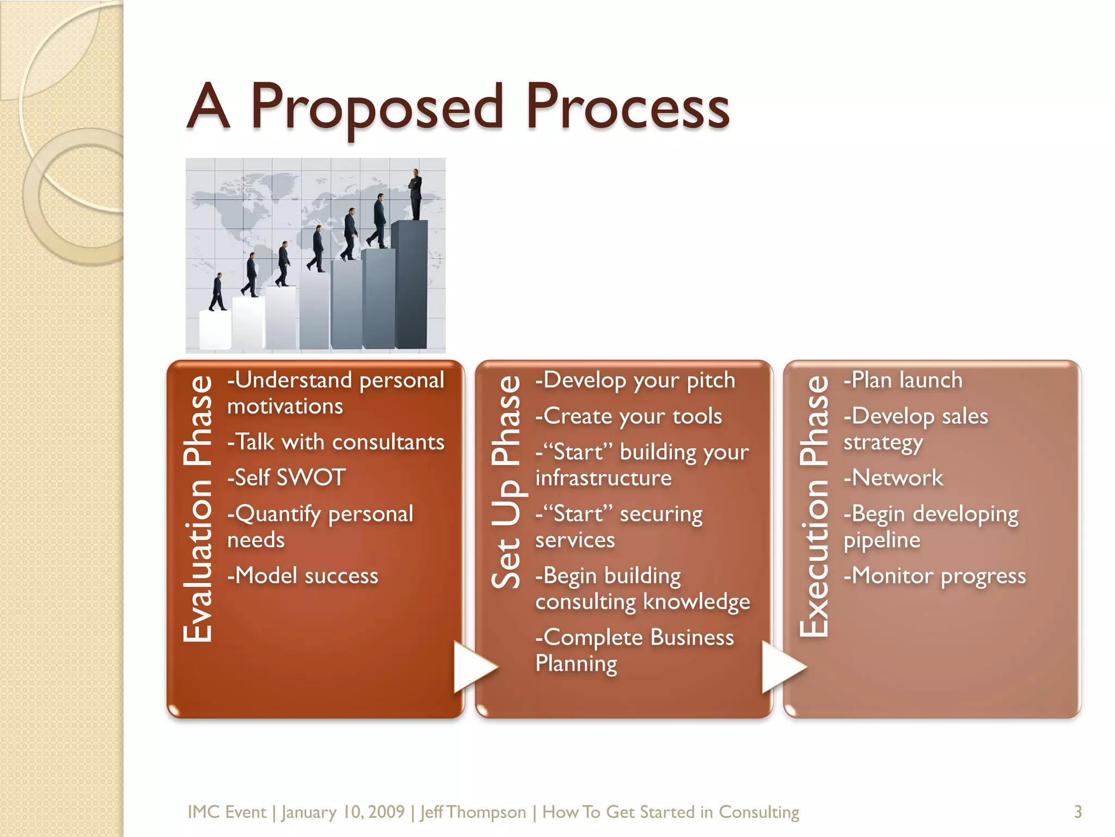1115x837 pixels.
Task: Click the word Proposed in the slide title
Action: [x=377, y=107]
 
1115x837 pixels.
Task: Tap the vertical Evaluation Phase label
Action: [x=198, y=509]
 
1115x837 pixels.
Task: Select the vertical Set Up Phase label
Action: [x=506, y=482]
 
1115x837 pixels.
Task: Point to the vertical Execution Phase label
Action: [x=814, y=506]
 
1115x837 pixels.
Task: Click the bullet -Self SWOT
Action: [x=286, y=478]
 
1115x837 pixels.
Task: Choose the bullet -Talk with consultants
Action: [x=336, y=442]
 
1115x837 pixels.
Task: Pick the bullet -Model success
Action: [x=303, y=576]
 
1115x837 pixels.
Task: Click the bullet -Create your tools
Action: [x=629, y=416]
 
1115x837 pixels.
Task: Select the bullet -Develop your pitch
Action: [x=635, y=380]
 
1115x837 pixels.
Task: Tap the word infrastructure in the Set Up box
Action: [x=603, y=478]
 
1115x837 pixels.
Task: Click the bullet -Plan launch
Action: [x=903, y=380]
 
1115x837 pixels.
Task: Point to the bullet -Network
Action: [x=893, y=478]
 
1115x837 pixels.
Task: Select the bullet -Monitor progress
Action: [x=935, y=576]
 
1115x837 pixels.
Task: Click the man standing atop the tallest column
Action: [x=416, y=194]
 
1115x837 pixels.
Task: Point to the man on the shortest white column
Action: [x=218, y=292]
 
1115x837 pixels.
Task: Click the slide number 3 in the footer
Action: [x=1077, y=812]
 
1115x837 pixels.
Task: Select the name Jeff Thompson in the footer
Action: [x=473, y=812]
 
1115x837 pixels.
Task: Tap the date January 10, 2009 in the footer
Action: [x=343, y=812]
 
